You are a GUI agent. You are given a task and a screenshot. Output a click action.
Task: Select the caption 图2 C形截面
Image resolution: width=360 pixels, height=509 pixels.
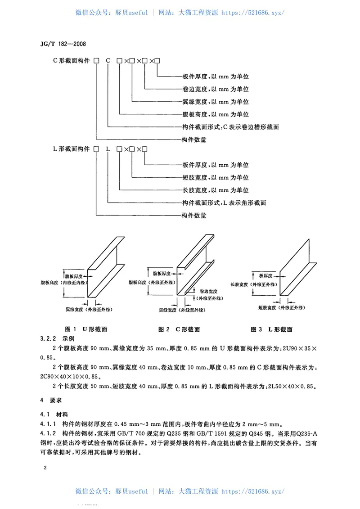pos(179,329)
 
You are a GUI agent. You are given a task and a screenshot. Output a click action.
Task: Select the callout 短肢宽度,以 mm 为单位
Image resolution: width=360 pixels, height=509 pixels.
pos(216,177)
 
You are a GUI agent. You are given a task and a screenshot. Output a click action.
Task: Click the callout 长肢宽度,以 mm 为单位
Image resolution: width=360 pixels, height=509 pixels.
pos(216,190)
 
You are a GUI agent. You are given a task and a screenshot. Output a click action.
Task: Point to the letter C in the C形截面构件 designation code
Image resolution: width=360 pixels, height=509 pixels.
pos(108,60)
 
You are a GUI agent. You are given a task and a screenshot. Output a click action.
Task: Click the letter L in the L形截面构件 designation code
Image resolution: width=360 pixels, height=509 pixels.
pos(108,149)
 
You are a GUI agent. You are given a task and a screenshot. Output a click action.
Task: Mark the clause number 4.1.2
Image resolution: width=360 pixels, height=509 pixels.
pos(48,433)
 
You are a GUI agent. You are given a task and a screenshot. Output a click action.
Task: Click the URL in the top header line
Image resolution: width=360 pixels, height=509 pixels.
pos(253,13)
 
